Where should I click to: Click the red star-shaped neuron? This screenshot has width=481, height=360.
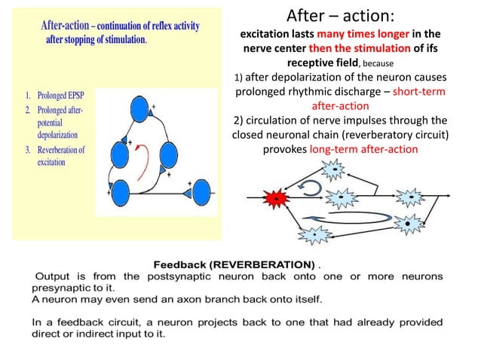[277, 197]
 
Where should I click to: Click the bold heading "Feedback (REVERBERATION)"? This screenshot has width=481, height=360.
[234, 265]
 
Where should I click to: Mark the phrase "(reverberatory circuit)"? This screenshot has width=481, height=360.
[393, 135]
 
